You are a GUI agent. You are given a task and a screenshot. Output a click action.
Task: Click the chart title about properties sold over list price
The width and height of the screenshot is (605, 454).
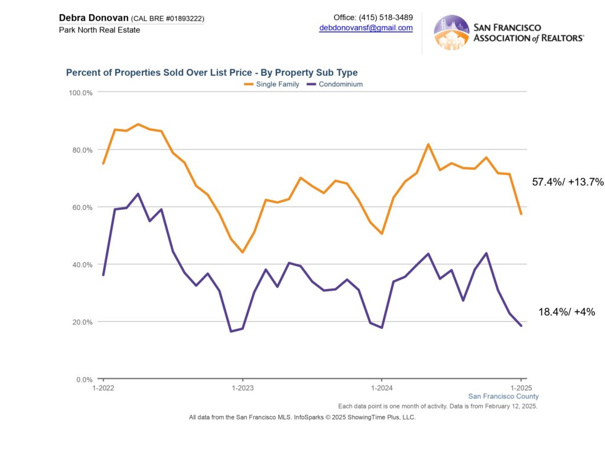pos(212,73)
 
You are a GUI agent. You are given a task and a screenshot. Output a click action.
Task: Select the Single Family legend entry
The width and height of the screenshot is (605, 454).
pos(272,85)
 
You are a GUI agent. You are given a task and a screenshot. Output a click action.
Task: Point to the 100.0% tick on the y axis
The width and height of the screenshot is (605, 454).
pos(81,93)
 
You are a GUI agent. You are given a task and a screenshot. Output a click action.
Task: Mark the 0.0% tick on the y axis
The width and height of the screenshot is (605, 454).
pos(83,380)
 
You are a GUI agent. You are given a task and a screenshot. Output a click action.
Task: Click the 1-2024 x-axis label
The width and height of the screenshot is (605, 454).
pos(382,388)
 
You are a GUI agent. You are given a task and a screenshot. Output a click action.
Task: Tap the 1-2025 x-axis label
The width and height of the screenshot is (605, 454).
pos(521,388)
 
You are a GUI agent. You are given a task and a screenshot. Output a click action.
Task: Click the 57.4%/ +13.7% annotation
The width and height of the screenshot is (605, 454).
pos(568,182)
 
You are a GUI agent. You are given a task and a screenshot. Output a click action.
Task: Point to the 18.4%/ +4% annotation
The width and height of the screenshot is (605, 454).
pos(567,312)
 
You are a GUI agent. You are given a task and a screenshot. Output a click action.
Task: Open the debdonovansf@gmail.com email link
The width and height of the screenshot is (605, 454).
pos(366,28)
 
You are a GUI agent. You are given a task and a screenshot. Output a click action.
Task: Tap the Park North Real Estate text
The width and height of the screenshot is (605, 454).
pos(99,30)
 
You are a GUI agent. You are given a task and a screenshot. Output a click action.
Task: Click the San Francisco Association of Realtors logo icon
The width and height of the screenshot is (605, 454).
pos(451,33)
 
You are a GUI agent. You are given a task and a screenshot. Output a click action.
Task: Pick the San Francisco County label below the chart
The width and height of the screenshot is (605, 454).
pos(503,396)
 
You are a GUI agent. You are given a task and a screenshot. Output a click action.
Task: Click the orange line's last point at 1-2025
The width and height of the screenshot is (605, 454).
pos(521,214)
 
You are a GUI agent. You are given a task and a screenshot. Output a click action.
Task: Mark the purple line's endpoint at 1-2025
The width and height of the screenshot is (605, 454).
pos(521,326)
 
